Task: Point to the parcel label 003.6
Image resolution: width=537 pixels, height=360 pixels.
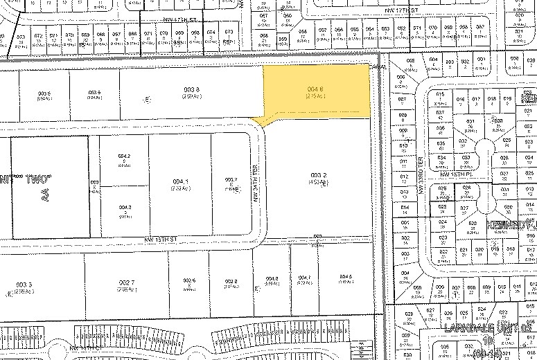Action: [95, 93]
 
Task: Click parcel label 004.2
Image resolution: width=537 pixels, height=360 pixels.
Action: [125, 156]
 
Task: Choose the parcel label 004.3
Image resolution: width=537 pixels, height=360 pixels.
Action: [125, 207]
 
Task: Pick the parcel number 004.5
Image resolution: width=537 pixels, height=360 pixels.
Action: [346, 278]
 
